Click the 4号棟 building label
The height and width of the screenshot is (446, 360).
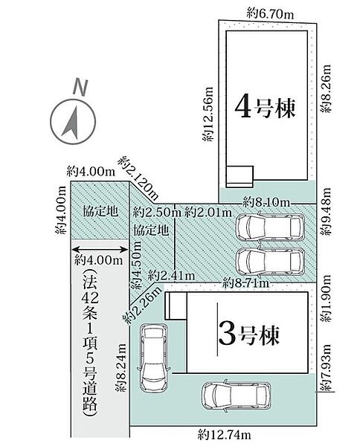pos(265,109)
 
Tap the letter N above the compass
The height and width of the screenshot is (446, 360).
pos(78,86)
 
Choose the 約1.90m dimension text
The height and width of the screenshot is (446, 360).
pos(326,304)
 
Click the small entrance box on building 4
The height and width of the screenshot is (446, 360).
pos(240,175)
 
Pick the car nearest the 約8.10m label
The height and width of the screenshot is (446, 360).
pos(270,227)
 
